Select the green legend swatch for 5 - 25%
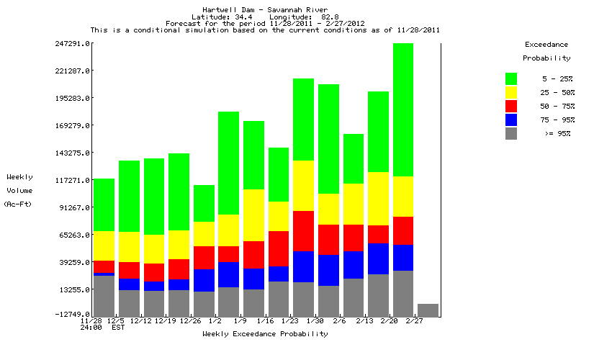coord(511,78)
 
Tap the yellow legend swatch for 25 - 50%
coord(511,92)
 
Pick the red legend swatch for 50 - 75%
coord(511,106)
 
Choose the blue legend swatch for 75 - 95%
coord(511,120)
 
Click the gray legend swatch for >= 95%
coord(511,133)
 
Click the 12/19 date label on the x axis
coord(166,321)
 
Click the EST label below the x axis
coord(117,328)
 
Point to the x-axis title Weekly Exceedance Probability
coord(265,334)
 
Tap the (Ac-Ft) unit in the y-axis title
coord(15,204)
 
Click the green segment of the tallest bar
coord(403,108)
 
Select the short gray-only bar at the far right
coord(428,310)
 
